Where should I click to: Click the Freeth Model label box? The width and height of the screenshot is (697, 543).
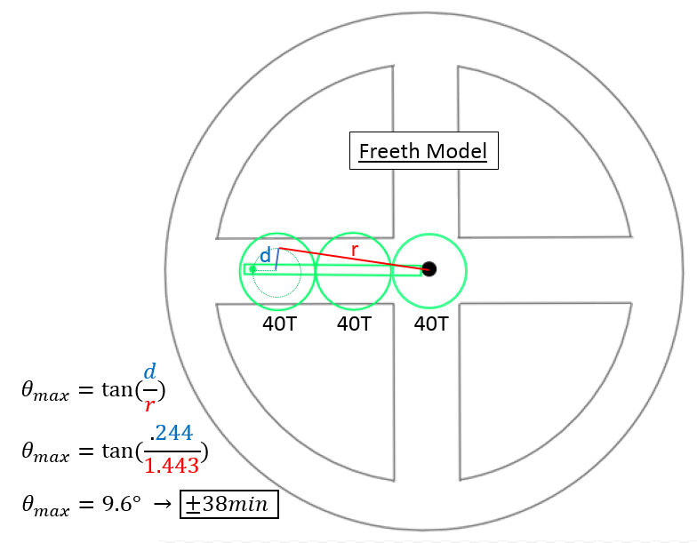click(423, 151)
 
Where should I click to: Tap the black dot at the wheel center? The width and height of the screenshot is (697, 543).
click(429, 268)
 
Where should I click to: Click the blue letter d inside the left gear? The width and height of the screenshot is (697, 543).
click(264, 256)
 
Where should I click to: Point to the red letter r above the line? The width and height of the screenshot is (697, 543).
click(354, 250)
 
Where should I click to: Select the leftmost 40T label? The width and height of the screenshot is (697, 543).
click(280, 324)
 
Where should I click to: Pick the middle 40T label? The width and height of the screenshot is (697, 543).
click(354, 324)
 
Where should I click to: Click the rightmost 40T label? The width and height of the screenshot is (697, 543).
click(431, 324)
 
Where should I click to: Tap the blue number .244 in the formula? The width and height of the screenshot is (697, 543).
click(172, 434)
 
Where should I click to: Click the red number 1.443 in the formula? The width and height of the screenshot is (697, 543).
click(172, 465)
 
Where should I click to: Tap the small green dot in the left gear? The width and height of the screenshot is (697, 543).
click(252, 268)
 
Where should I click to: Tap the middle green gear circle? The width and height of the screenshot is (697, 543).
click(354, 235)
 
